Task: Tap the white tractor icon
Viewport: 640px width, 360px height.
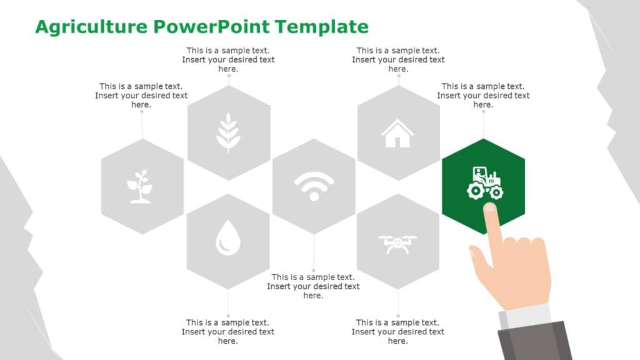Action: (484, 183)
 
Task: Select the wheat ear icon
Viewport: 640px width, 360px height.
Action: (228, 132)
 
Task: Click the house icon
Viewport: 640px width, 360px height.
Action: (397, 133)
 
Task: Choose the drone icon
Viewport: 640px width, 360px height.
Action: (397, 243)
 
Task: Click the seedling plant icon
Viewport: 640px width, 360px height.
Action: (142, 186)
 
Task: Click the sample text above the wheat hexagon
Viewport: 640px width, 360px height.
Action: (228, 60)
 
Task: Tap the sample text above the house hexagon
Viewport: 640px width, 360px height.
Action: (398, 60)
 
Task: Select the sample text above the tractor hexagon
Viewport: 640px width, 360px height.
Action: (483, 96)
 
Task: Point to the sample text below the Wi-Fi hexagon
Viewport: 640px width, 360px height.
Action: (313, 286)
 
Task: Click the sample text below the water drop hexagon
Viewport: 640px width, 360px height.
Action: (227, 332)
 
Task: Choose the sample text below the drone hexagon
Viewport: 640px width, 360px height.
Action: (397, 332)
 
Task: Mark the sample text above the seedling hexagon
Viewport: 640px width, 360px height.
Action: (141, 96)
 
